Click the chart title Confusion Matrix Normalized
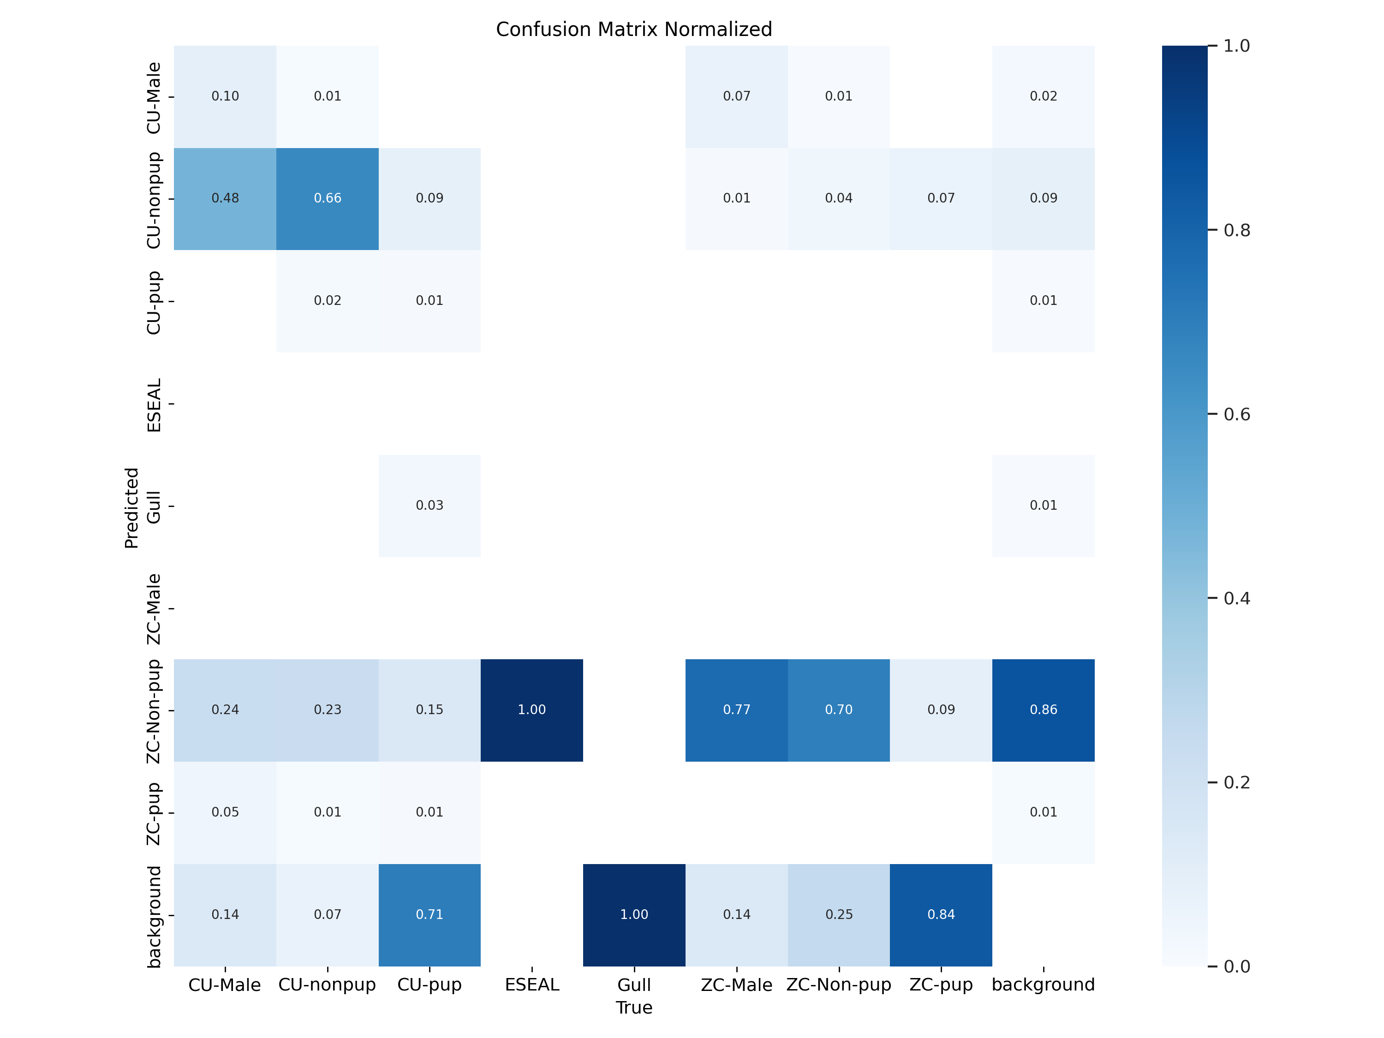coord(634,30)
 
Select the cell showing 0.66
coord(327,198)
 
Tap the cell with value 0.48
coord(225,198)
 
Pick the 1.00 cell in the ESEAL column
coord(532,710)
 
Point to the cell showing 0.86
coord(1043,710)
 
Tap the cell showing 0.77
coord(736,710)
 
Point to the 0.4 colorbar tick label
coord(1236,599)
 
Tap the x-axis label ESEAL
coord(532,985)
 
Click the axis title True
coord(634,1008)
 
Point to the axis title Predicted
coord(131,507)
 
